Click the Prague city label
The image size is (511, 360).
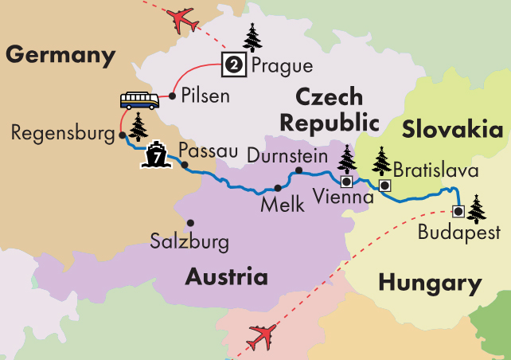pyautogui.click(x=282, y=65)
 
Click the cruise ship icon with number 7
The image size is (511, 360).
pyautogui.click(x=155, y=154)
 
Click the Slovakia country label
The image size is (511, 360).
pyautogui.click(x=452, y=130)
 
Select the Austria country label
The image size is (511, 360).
pyautogui.click(x=226, y=276)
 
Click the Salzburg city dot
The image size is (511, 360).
pyautogui.click(x=190, y=223)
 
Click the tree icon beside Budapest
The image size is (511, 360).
pyautogui.click(x=477, y=209)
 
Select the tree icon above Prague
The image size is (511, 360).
pyautogui.click(x=252, y=37)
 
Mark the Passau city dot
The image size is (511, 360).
pyautogui.click(x=185, y=166)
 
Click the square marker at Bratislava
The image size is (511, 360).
pyautogui.click(x=384, y=186)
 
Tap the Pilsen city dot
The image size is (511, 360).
pyautogui.click(x=171, y=96)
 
